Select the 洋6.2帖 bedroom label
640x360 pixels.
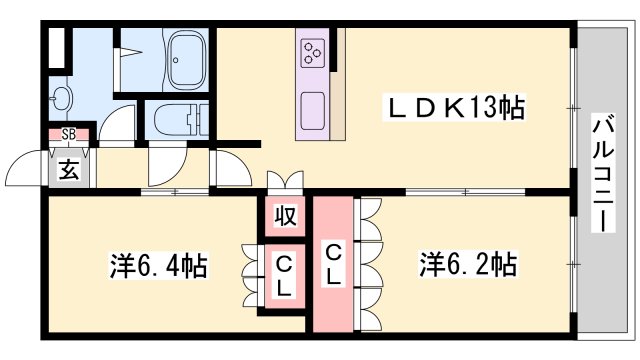coord(467,265)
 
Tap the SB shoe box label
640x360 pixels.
coord(69,133)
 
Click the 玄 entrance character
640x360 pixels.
coord(67,170)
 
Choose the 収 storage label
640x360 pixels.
coord(284,214)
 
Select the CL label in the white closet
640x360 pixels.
coord(284,277)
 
